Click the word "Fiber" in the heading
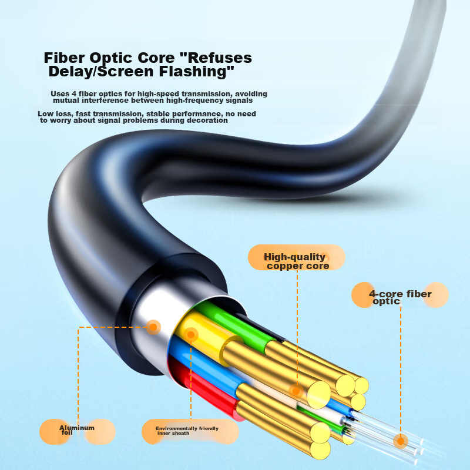coord(64,58)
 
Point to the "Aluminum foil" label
coord(76,430)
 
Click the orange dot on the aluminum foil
coord(153,327)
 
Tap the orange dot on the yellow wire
coord(190,335)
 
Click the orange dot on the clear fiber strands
coord(401,441)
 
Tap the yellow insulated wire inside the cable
coord(203,338)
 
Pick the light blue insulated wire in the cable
coord(200,364)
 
